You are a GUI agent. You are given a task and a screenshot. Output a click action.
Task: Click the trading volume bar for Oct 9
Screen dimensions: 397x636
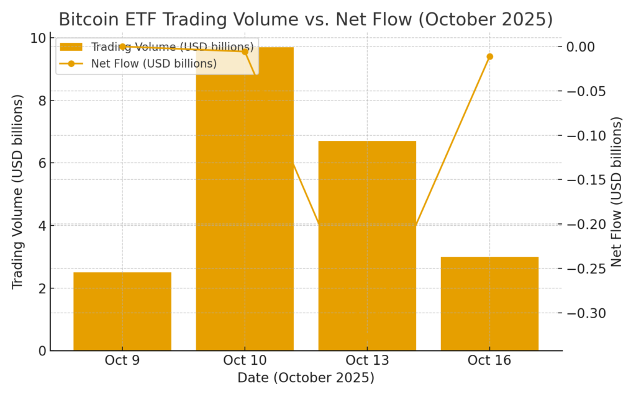122,311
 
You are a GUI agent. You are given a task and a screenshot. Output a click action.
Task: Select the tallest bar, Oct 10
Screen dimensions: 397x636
245,198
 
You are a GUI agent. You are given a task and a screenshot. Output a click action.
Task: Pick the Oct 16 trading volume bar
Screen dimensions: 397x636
489,303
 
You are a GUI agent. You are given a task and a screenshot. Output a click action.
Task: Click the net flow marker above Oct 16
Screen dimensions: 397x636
489,56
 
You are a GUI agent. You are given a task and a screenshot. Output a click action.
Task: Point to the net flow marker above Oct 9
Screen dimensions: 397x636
122,47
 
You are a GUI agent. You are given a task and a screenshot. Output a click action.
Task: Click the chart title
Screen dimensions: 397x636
306,19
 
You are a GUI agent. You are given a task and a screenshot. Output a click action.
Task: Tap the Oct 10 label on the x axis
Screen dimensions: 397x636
245,361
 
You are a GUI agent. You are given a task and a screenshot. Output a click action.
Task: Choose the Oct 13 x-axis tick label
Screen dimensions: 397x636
367,361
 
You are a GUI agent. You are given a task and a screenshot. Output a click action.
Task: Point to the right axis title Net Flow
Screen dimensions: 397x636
616,192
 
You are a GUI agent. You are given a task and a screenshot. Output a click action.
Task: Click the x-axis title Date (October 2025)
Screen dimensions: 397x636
306,378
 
